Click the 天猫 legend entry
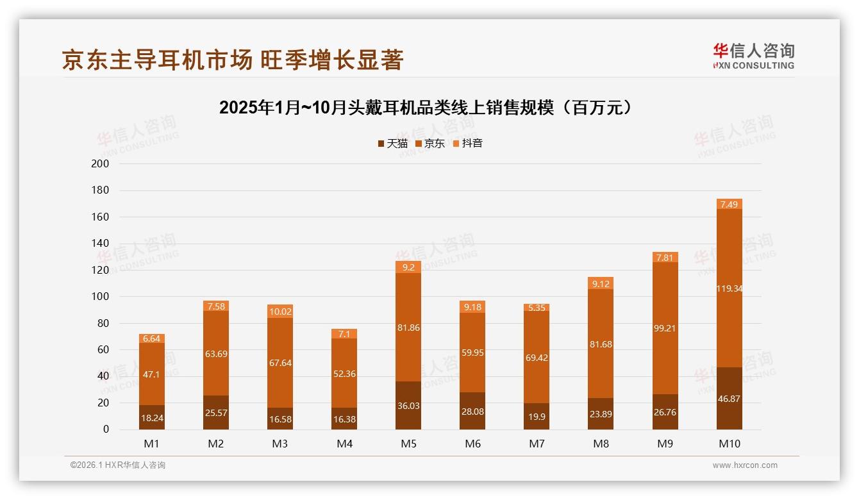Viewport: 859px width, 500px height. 392,144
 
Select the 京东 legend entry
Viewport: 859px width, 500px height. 430,144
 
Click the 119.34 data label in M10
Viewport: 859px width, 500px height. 730,288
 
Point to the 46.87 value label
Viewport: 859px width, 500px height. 730,399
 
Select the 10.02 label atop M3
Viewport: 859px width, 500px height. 280,312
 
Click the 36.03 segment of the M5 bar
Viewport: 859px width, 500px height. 408,406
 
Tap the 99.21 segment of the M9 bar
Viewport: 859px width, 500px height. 665,328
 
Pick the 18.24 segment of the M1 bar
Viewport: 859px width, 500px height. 152,417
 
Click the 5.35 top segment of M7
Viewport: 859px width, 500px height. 537,308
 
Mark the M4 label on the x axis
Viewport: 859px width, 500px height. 344,444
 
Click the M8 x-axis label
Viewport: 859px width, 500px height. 601,444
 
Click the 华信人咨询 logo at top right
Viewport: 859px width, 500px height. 753,56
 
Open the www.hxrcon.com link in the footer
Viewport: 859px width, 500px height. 745,465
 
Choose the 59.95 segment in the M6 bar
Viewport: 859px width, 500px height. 472,353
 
